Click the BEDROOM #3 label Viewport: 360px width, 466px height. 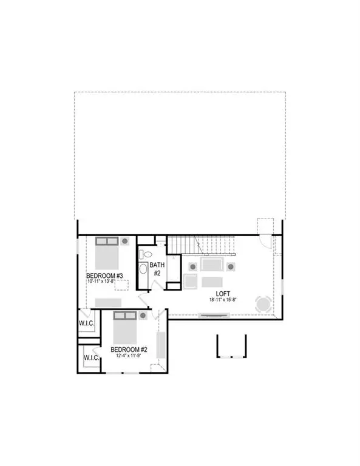[105, 276]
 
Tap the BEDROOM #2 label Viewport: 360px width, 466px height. [129, 349]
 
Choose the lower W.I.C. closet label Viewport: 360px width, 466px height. [91, 358]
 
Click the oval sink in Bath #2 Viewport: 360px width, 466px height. [144, 269]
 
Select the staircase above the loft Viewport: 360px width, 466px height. [201, 245]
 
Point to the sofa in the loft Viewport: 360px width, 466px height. [212, 265]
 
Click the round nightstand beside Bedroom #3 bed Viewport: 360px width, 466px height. [124, 241]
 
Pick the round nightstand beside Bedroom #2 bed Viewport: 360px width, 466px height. [143, 316]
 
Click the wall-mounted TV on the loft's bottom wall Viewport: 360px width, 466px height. [215, 314]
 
